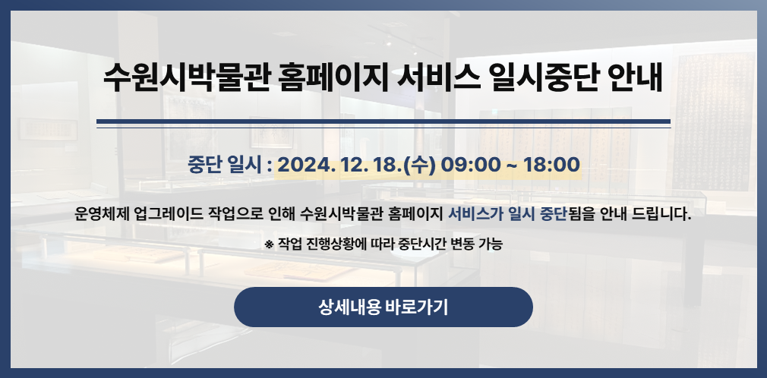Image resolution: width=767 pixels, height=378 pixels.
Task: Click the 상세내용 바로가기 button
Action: pyautogui.click(x=383, y=307)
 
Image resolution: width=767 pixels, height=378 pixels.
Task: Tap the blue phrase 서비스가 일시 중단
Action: pyautogui.click(x=507, y=214)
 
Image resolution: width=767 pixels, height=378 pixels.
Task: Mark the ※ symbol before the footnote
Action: pyautogui.click(x=269, y=244)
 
